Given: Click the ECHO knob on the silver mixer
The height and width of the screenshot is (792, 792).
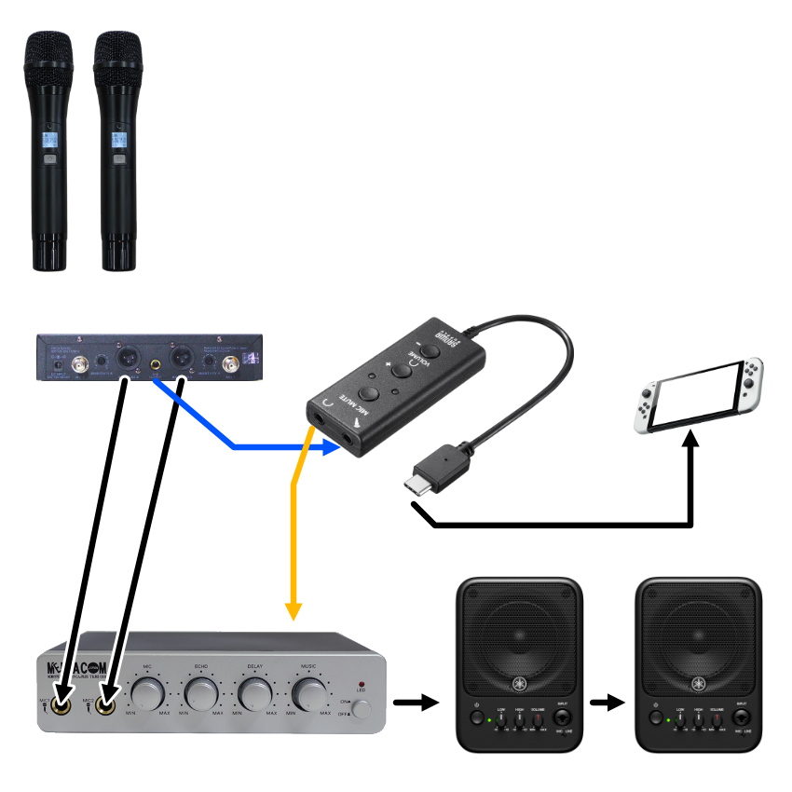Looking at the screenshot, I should tap(199, 694).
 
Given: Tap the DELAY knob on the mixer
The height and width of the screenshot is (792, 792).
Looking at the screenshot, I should tap(253, 694).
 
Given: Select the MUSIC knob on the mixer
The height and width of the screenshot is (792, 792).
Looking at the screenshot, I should tap(309, 694).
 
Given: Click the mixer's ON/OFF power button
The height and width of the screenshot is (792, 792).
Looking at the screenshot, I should tap(361, 709).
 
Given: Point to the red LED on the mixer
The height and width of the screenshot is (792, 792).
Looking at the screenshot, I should tap(361, 685).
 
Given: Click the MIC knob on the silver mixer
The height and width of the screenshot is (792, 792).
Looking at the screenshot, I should tap(146, 694).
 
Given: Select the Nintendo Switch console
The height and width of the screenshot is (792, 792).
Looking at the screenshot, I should tap(699, 395).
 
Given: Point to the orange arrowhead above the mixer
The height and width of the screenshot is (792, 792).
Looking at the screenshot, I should tap(294, 610).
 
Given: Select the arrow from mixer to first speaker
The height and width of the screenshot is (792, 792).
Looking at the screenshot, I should tap(415, 701).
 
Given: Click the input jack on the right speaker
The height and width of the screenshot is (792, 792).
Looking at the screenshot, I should tap(742, 718).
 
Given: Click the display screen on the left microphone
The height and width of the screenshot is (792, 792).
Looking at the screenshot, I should tap(49, 141).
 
